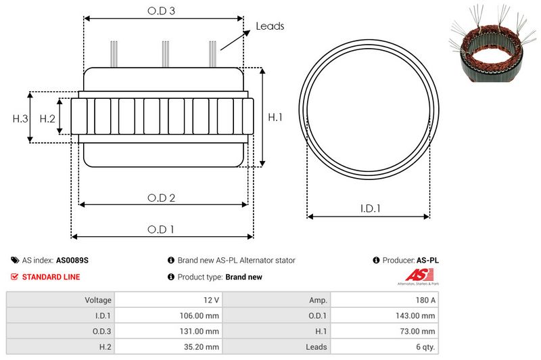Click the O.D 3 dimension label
163,11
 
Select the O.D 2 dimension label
162,198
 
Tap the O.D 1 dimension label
162,229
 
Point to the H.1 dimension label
275,117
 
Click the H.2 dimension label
47,118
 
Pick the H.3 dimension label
20,118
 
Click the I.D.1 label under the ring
369,209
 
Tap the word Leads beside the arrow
270,26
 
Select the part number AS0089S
72,260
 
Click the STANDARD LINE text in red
51,277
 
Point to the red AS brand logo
414,275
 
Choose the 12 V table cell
210,300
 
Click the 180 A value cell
425,300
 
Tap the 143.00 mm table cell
416,315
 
